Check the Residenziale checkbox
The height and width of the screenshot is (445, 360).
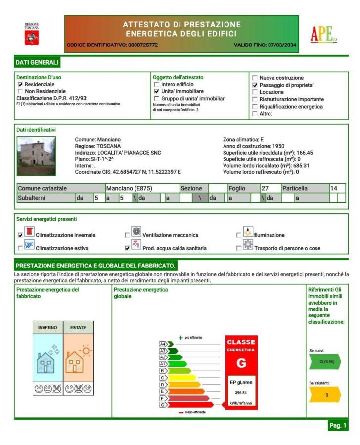[x=20, y=85]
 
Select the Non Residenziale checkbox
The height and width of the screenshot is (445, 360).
[x=20, y=91]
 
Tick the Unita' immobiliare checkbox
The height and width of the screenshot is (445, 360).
[x=157, y=91]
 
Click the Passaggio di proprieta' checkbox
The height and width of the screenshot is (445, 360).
[x=255, y=85]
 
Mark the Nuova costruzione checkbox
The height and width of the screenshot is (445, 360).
[x=255, y=78]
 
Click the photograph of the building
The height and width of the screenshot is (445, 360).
[x=36, y=156]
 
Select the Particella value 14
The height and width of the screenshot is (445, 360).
[x=334, y=188]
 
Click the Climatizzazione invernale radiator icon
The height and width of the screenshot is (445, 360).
[x=30, y=232]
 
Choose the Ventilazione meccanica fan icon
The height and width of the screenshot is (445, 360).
[x=136, y=232]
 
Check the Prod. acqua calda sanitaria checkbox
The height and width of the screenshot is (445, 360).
[x=128, y=248]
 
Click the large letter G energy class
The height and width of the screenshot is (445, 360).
[x=241, y=364]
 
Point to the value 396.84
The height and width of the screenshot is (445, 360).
[x=241, y=393]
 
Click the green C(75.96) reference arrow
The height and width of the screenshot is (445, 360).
[x=324, y=361]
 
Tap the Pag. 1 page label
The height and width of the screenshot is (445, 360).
[x=338, y=425]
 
